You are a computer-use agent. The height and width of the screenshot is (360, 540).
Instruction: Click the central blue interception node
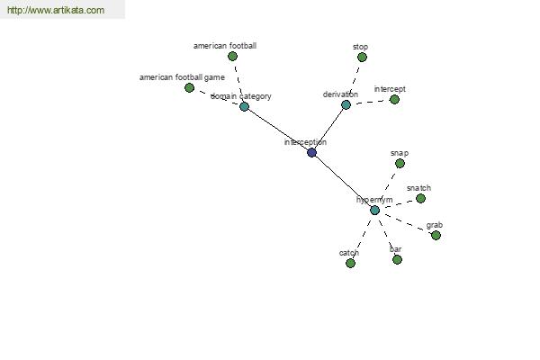click(x=311, y=153)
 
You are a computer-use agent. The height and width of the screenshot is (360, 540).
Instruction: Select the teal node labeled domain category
click(x=244, y=106)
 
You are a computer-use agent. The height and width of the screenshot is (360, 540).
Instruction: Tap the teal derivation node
click(x=346, y=105)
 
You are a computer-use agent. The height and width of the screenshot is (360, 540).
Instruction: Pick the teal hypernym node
click(x=374, y=211)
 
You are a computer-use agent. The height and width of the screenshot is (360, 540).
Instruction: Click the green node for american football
click(x=232, y=57)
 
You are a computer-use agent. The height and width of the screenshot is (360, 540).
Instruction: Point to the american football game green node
click(x=189, y=88)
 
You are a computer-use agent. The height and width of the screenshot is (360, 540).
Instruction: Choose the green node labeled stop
click(x=362, y=58)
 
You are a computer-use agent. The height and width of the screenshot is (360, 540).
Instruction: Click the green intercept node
click(x=394, y=100)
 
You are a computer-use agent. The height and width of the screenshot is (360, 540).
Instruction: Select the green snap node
click(x=400, y=164)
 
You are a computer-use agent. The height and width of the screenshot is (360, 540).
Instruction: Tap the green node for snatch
click(x=420, y=199)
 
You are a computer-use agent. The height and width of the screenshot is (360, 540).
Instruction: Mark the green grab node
click(x=436, y=236)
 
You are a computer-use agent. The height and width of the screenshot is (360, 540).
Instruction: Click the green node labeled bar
click(x=397, y=260)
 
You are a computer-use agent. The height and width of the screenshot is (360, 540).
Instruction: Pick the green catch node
click(x=350, y=264)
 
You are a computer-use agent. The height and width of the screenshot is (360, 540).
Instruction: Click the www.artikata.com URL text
click(x=55, y=11)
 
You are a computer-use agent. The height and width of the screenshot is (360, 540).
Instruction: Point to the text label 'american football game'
click(x=182, y=77)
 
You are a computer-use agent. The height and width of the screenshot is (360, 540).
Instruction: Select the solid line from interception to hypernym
click(x=343, y=182)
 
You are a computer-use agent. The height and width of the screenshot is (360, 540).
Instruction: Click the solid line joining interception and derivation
click(x=328, y=129)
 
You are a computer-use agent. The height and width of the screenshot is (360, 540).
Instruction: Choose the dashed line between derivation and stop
click(x=355, y=80)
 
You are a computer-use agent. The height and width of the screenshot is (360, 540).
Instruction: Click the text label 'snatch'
click(x=418, y=188)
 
